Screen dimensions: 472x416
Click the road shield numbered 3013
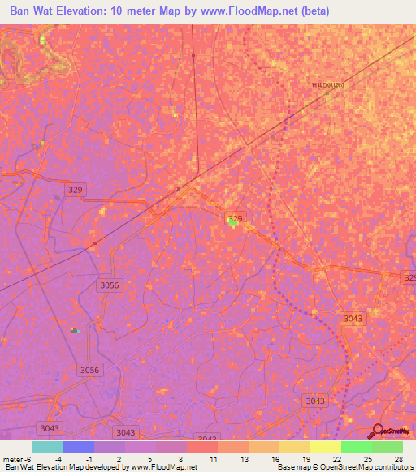315,401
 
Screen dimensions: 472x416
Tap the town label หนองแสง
327,84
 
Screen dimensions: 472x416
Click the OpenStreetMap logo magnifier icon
377,431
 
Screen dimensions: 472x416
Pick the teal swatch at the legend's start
48,447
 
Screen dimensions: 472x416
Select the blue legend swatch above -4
79,447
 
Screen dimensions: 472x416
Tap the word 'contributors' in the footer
389,467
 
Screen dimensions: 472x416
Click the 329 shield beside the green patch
235,218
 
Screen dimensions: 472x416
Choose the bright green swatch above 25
356,447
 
